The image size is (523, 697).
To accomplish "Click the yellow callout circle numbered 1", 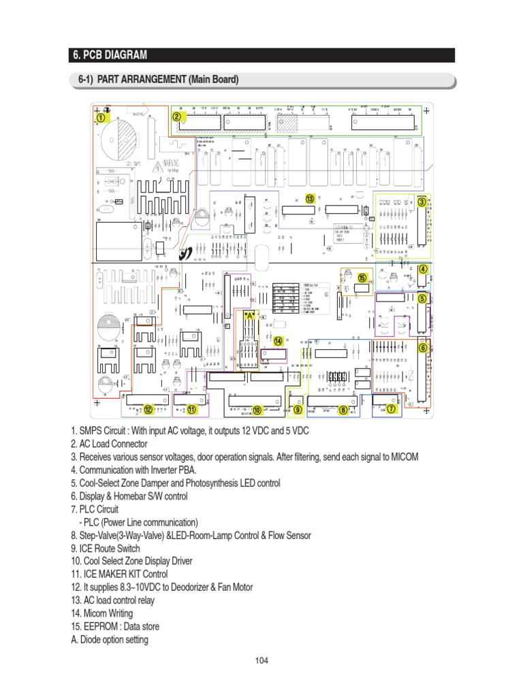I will (x=101, y=117).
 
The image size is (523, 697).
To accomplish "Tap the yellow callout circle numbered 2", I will (x=176, y=116).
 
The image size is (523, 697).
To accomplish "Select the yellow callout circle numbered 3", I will (x=422, y=201).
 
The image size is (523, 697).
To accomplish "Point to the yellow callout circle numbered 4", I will (x=423, y=269).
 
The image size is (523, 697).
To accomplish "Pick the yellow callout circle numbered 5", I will (x=422, y=298).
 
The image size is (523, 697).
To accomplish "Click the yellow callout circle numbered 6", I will (x=423, y=347).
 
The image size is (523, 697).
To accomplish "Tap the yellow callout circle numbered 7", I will (x=391, y=409).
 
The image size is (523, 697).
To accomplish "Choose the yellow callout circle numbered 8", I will (x=343, y=410).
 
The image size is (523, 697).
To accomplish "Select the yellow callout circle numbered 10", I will (x=257, y=410).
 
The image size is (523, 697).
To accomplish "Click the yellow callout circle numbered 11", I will (x=191, y=410).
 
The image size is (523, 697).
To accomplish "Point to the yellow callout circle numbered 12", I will (x=148, y=410).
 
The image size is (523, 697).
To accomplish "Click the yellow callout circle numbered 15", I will (x=362, y=277).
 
